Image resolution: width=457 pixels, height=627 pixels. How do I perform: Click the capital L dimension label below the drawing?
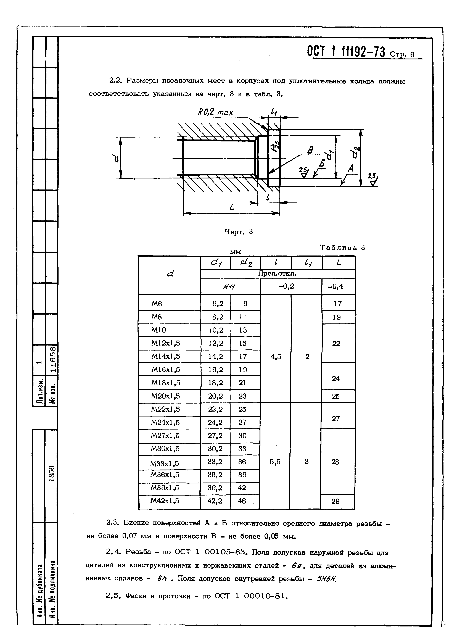pos(232,207)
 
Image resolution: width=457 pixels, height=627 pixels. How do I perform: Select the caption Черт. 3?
pos(238,232)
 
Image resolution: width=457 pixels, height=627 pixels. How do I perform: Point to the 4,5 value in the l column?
pos(276,357)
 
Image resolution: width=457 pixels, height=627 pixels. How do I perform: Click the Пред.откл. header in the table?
pos(277,274)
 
